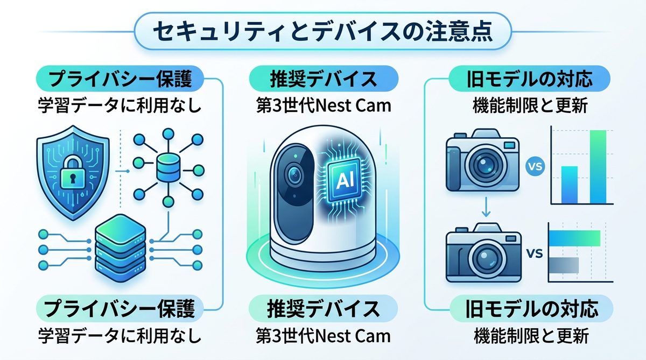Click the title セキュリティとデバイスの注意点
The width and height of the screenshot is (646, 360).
pos(322,31)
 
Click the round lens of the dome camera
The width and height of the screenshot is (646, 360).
pos(294,174)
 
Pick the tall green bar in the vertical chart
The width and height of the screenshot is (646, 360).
pos(598,166)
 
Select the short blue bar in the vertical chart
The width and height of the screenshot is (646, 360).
pos(569,183)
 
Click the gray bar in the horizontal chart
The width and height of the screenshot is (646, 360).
pos(564,265)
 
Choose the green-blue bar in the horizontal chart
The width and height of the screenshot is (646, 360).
pos(574,238)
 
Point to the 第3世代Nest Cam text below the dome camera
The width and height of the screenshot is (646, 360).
pos(323,336)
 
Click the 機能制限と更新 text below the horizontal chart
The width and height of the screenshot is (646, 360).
pos(531,336)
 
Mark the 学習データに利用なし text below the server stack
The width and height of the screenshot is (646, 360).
pos(120,336)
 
